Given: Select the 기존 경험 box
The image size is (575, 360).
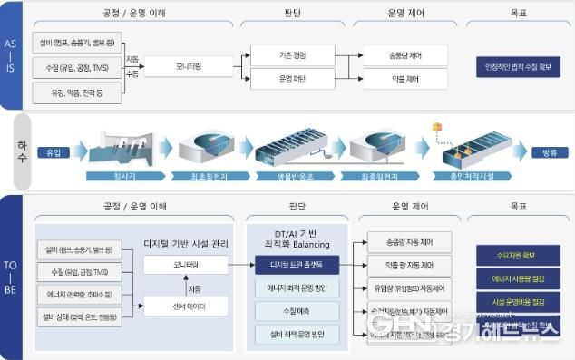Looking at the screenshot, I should pos(292,55).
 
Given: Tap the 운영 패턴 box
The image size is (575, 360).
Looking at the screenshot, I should pos(292,80).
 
